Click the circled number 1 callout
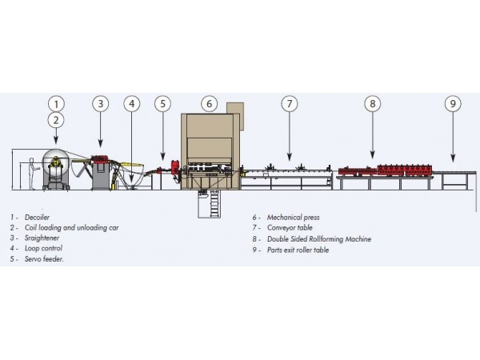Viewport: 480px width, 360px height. point(56,104)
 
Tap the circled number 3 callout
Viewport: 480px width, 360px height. point(101,104)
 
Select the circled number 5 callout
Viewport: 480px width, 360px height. point(162,104)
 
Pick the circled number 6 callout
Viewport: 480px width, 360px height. point(209,104)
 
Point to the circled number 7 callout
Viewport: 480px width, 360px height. point(290,104)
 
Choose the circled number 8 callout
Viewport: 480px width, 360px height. point(373,104)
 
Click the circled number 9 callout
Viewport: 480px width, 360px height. point(453,104)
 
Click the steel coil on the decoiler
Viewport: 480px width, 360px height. point(56,164)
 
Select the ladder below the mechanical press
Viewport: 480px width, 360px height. point(214,203)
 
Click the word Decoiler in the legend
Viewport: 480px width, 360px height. point(37,218)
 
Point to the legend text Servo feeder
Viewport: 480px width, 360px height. point(44,259)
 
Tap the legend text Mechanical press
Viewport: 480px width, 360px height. point(294,218)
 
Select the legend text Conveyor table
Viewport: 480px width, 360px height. point(290,228)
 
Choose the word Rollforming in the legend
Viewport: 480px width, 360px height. point(326,238)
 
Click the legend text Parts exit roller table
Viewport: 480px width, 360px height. point(298,250)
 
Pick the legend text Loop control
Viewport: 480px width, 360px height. point(43,248)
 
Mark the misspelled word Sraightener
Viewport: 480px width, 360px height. point(42,238)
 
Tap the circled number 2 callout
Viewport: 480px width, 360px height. point(56,120)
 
